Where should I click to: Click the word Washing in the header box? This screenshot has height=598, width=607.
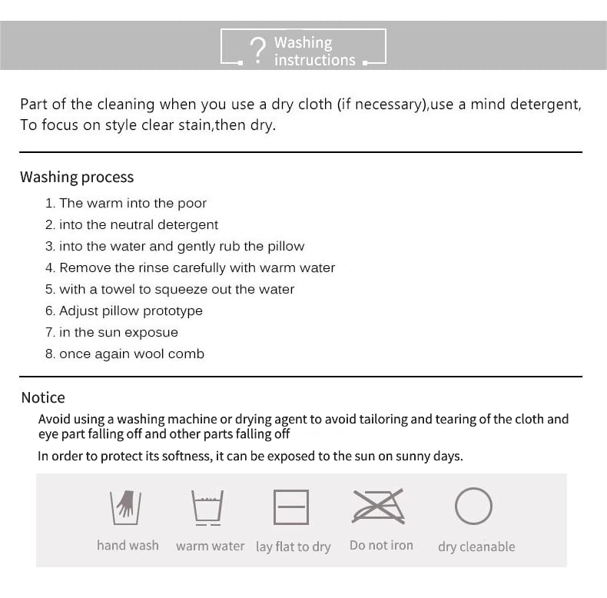(303, 42)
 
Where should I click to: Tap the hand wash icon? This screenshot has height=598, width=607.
(126, 506)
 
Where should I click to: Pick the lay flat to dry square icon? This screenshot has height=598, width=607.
(291, 507)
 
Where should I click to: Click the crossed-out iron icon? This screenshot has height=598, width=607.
(379, 507)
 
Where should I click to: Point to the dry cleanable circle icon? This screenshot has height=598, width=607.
(473, 507)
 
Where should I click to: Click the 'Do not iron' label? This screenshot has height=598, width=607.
(381, 545)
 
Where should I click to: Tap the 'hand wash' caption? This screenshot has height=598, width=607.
(128, 545)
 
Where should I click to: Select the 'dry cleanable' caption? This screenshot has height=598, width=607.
(476, 547)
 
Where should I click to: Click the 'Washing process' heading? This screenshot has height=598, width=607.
(77, 177)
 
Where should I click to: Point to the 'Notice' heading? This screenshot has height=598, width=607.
(43, 397)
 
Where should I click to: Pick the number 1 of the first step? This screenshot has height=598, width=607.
(49, 203)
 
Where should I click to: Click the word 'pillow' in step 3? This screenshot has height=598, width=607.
(285, 246)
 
